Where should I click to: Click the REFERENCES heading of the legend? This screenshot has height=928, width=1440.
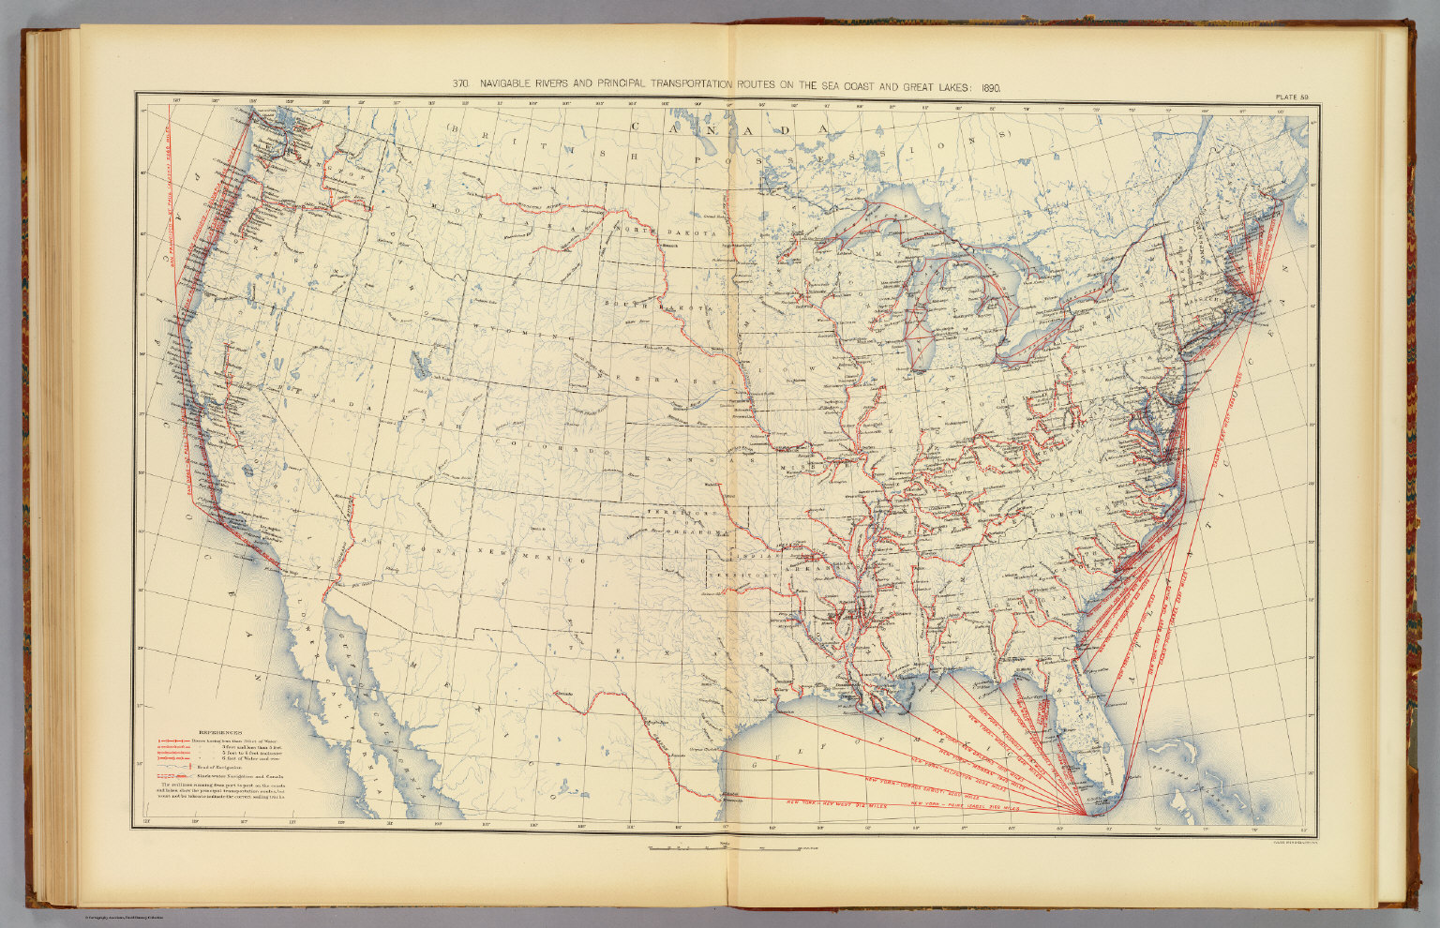pyautogui.click(x=220, y=733)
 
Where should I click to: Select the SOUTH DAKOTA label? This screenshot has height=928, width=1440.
pyautogui.click(x=638, y=306)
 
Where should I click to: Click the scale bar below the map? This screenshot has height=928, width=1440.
pyautogui.click(x=731, y=849)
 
